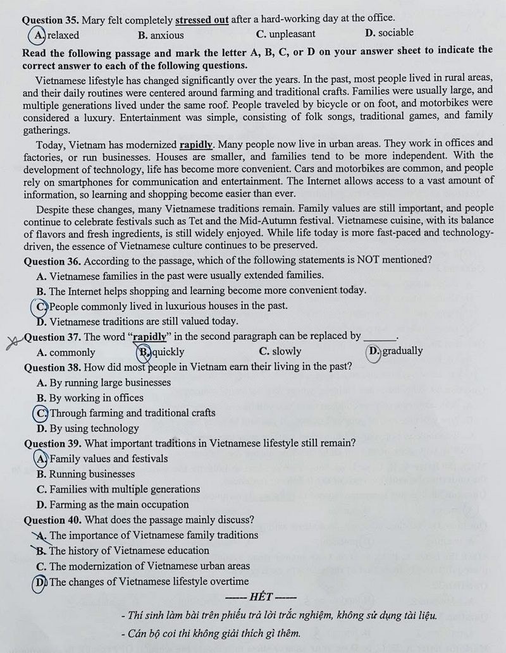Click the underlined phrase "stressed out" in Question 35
202,19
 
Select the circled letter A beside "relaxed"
40,34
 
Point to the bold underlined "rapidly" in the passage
196,144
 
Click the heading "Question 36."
52,260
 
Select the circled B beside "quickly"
144,351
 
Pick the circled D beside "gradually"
374,351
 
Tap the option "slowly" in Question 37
287,351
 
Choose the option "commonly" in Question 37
71,352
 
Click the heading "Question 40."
52,520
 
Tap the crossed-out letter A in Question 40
42,535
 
